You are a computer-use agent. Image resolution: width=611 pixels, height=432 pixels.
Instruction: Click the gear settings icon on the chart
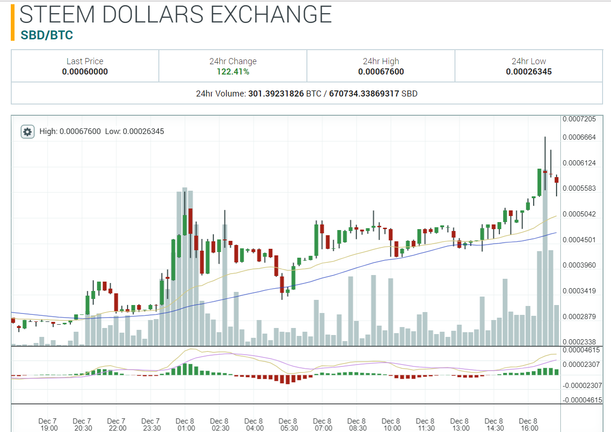click(28, 132)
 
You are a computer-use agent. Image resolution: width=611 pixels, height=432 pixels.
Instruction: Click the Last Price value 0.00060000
click(85, 72)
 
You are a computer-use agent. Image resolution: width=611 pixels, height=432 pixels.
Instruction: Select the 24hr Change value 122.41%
click(233, 72)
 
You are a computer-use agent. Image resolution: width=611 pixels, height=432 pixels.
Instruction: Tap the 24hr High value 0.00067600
click(380, 72)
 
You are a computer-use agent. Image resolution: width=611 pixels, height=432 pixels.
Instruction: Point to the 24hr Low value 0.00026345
click(529, 72)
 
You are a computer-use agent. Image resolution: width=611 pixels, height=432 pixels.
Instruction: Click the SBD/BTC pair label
click(47, 35)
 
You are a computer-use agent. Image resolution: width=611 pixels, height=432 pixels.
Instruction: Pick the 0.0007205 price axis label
click(579, 119)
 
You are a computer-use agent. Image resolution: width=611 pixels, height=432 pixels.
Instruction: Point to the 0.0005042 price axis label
click(579, 214)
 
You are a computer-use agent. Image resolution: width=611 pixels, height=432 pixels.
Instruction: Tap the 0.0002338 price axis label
click(579, 342)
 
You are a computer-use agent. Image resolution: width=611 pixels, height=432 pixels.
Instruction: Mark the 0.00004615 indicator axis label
click(581, 350)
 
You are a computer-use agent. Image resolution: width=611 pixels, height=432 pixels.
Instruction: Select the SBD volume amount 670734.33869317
click(364, 94)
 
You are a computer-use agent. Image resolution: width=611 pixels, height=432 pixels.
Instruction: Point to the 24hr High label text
click(380, 61)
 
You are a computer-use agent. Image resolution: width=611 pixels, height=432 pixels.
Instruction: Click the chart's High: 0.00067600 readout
click(70, 131)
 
